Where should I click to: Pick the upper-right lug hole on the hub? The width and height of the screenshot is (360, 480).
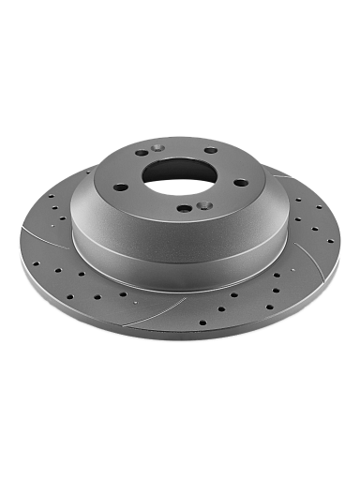click(211, 150)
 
